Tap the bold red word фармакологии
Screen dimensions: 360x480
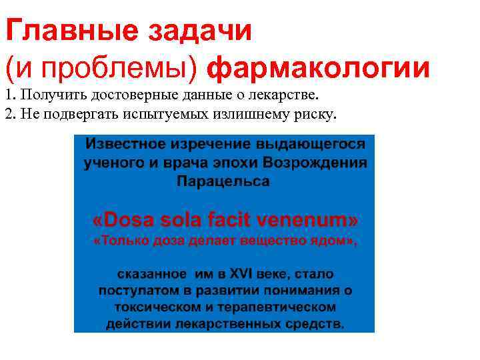319,69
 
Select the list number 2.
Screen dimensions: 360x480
8,114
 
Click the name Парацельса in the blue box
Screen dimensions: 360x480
223,181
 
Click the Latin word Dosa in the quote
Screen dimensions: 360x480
121,220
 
